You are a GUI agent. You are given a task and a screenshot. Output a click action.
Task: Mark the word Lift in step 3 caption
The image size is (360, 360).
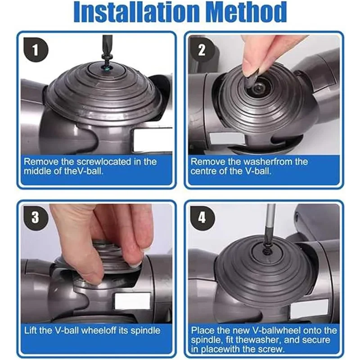click(31, 331)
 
